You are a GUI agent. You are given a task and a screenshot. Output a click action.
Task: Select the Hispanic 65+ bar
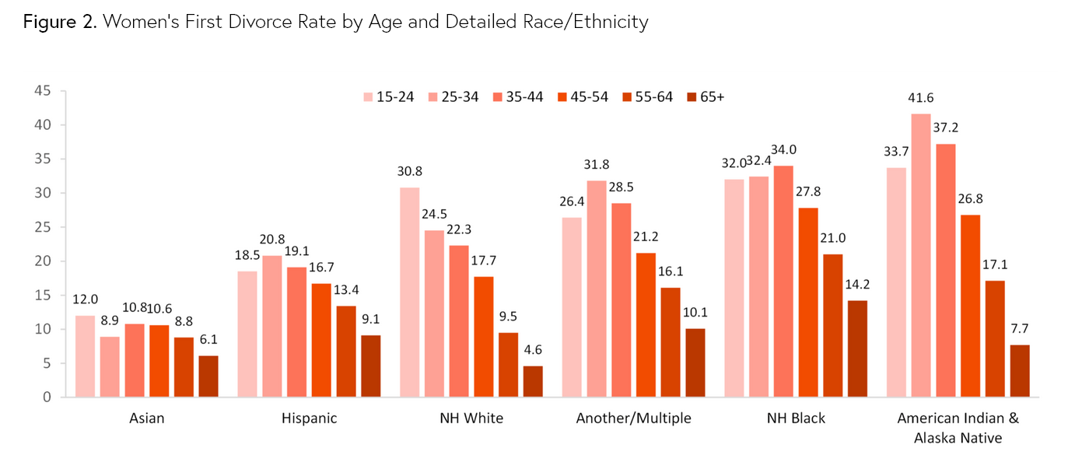370,366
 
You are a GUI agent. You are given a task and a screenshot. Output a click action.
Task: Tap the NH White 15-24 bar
409,292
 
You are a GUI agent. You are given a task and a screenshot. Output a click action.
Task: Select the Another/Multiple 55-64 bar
671,342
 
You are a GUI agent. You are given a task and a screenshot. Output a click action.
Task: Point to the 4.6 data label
532,350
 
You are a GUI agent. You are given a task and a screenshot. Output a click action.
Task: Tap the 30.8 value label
409,172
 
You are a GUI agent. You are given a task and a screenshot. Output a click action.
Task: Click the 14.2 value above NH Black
856,285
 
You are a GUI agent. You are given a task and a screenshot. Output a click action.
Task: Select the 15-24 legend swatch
368,97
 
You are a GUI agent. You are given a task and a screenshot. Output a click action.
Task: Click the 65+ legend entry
705,97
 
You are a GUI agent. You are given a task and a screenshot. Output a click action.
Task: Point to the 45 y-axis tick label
43,91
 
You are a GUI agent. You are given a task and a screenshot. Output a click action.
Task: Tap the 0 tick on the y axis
47,397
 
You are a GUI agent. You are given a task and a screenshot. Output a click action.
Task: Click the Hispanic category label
309,418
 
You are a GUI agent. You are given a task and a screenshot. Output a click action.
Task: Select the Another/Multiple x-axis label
633,418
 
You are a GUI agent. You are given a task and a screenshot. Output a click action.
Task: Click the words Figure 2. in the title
59,22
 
